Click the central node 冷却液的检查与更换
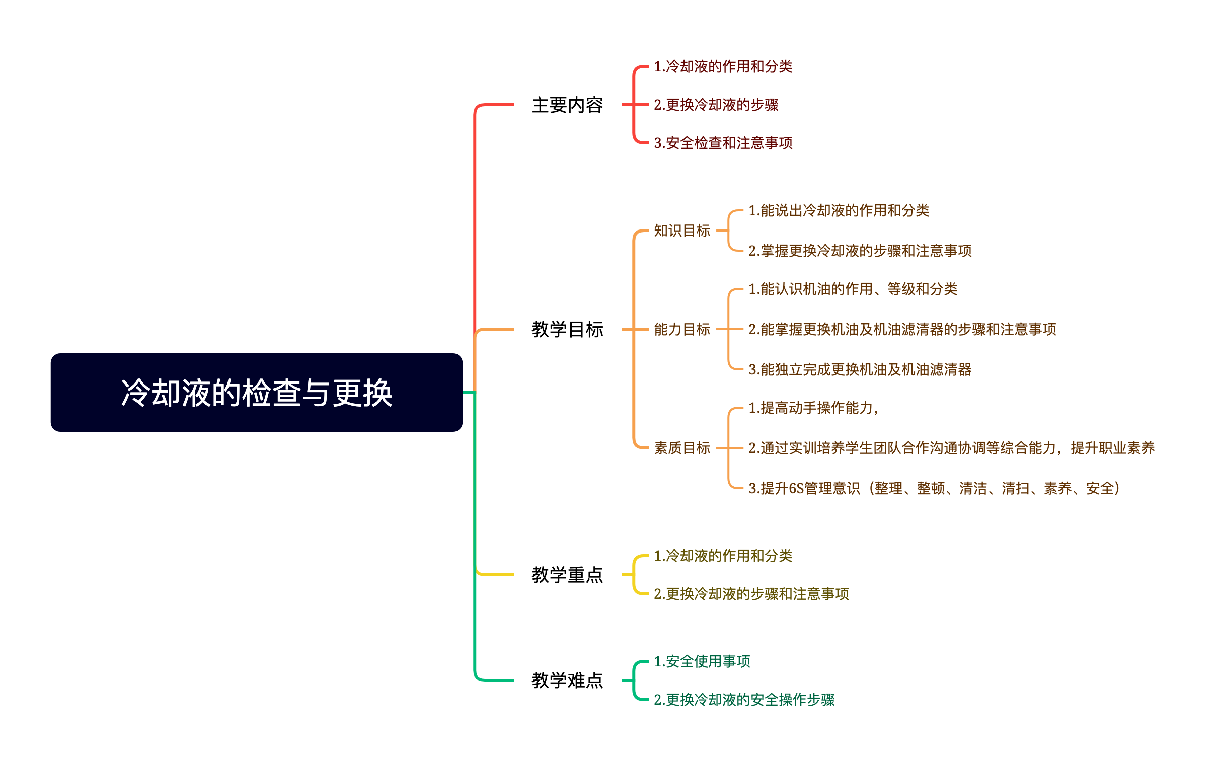coord(257,393)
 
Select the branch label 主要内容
coord(567,105)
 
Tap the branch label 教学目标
coord(567,329)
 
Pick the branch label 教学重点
coord(567,575)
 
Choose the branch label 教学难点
coord(567,680)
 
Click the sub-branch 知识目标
coord(681,231)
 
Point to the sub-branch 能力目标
coord(681,329)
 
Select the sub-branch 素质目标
coord(681,448)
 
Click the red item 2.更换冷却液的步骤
coord(716,105)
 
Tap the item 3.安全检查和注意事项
coord(723,143)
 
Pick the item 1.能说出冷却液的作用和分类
coord(839,210)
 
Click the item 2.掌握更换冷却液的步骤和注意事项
coord(860,251)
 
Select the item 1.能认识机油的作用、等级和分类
coord(853,289)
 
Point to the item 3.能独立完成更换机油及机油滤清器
coord(860,369)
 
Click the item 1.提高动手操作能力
coord(813,408)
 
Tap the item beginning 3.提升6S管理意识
coord(934,488)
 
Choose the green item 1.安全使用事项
coord(702,661)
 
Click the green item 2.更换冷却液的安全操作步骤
coord(744,700)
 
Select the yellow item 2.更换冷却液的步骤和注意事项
coord(751,594)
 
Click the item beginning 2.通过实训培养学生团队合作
coord(951,448)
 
